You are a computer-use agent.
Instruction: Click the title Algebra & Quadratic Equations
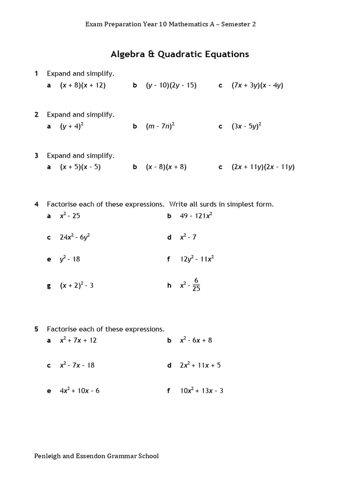(180, 54)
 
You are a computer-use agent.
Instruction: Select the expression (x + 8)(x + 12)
(82, 85)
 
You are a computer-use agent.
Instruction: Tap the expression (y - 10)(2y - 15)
(171, 85)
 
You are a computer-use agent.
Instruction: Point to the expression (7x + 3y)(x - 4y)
(257, 85)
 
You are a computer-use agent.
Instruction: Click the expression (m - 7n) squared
(160, 127)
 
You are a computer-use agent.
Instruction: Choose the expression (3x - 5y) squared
(246, 127)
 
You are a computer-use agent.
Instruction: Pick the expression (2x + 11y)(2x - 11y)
(263, 167)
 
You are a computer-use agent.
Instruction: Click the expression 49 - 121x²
(196, 216)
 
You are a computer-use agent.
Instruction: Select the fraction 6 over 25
(196, 285)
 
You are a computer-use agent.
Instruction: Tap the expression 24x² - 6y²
(75, 237)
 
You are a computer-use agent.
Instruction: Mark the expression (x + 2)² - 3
(76, 285)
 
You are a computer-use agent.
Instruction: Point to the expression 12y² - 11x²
(197, 259)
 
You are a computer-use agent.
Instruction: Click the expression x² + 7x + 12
(78, 340)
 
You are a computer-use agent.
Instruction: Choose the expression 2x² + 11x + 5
(200, 365)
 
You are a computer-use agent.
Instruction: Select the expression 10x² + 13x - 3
(202, 390)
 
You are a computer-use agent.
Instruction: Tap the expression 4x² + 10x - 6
(79, 390)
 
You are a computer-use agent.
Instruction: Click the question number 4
(36, 204)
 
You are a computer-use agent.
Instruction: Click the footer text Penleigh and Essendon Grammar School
(97, 456)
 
